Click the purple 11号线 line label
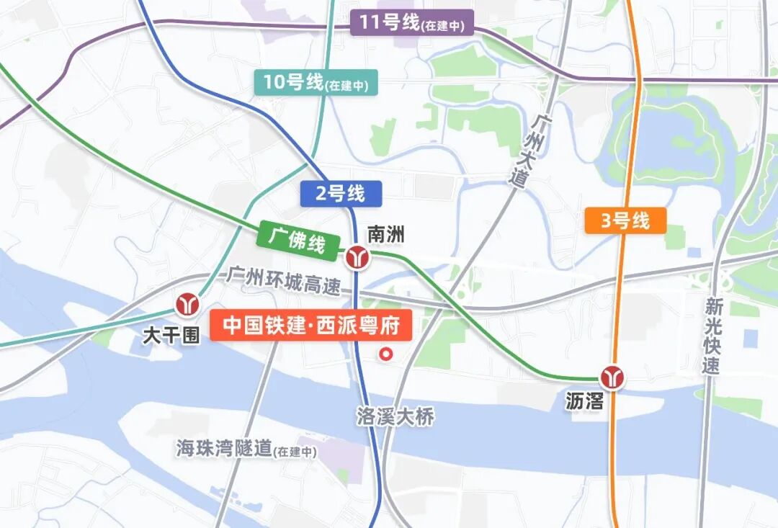[412, 23]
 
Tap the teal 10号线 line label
[316, 83]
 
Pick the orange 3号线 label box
[625, 220]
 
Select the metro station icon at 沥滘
[614, 377]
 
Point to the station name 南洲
[386, 234]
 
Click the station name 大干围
[171, 336]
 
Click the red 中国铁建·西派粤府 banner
[310, 326]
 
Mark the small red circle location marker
[387, 354]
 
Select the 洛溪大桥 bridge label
[395, 416]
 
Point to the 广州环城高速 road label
[283, 279]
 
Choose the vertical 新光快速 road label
[712, 336]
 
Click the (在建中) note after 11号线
[444, 26]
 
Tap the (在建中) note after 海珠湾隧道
[295, 452]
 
